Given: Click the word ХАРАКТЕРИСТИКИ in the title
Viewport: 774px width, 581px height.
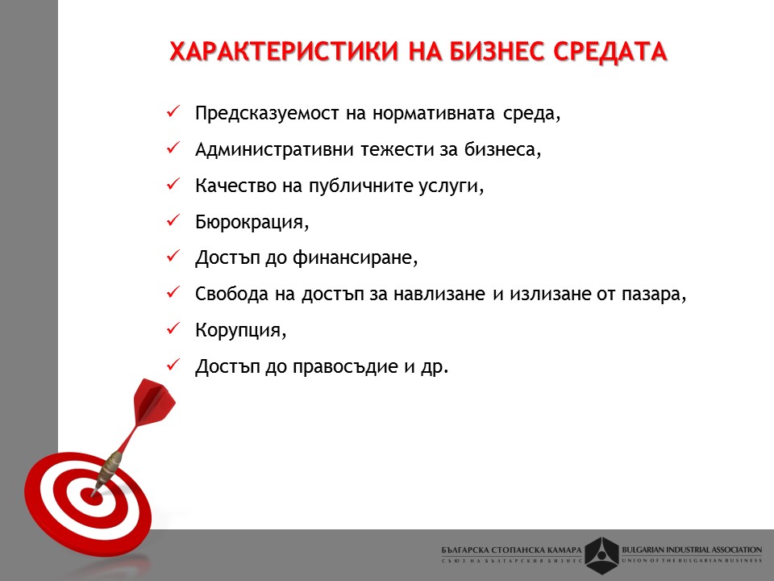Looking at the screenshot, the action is (284, 52).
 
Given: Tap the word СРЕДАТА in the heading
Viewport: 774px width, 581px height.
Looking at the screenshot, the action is (610, 52).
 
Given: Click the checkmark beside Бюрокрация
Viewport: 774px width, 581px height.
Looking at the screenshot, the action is (173, 220).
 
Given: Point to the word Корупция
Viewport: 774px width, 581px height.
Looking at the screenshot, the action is (241, 330).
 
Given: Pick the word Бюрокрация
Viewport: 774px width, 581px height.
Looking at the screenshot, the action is (252, 222).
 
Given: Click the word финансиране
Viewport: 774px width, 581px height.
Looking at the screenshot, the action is (356, 258).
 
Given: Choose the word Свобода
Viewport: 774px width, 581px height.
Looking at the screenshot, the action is (231, 294).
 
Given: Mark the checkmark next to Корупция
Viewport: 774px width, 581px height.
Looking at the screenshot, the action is (173, 328).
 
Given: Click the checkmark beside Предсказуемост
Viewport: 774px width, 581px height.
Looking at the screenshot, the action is (173, 111).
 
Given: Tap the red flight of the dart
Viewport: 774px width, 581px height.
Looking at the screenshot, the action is (153, 401).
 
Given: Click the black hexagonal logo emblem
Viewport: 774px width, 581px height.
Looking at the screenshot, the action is (601, 555).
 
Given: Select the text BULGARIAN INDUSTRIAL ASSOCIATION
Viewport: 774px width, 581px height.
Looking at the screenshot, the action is (692, 550).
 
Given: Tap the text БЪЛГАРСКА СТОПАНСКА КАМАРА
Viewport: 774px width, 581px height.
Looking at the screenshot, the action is (511, 550).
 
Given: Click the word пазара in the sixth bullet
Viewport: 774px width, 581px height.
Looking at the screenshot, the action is (654, 295).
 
